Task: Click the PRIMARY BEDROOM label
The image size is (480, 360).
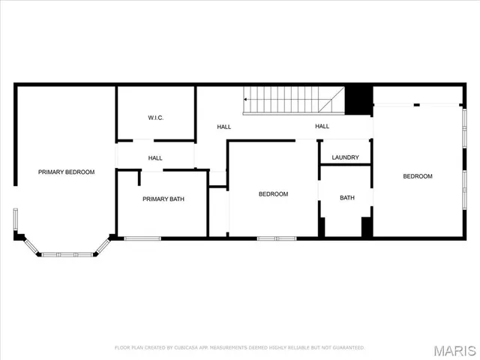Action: click(x=67, y=172)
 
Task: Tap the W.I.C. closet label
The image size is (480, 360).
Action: click(x=156, y=118)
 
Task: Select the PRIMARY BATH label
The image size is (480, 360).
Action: click(x=163, y=199)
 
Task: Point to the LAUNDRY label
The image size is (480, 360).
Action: click(x=345, y=157)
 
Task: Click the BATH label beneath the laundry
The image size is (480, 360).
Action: click(x=346, y=198)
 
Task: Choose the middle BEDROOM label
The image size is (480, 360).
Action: click(x=273, y=194)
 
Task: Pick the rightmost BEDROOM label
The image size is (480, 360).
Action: click(x=418, y=176)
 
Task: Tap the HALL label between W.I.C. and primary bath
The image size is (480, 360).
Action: click(x=155, y=158)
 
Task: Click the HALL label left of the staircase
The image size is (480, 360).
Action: click(x=224, y=127)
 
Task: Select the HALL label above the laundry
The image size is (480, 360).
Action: click(x=322, y=126)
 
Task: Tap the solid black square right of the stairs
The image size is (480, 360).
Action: click(x=359, y=99)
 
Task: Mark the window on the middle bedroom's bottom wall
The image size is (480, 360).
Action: click(x=277, y=238)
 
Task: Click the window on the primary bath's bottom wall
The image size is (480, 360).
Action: click(x=142, y=238)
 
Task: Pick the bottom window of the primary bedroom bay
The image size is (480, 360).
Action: click(x=61, y=255)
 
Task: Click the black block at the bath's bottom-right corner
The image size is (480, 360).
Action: click(x=367, y=228)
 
